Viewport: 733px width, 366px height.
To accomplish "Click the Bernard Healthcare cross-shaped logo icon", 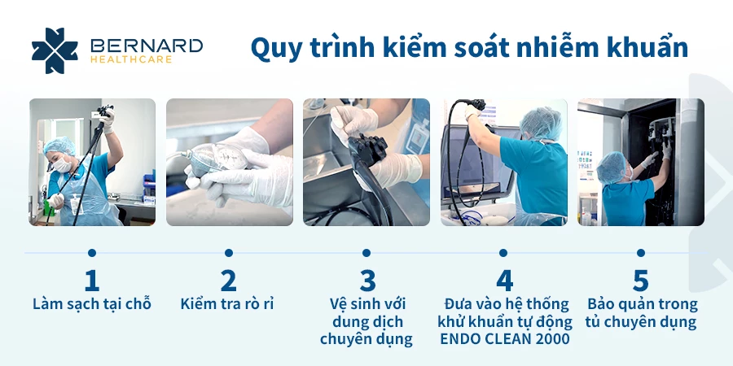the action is coord(55,50).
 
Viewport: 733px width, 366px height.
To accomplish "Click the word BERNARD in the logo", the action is coord(147,46).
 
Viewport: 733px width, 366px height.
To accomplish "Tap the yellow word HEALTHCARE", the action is coord(131,59).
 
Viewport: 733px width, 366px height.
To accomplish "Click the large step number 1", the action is coord(91,281).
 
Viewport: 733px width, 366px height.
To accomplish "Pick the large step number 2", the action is coord(228,281).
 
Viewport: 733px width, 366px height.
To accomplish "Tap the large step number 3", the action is coord(367,281).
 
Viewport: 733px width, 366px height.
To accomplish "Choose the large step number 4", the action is coord(504,281).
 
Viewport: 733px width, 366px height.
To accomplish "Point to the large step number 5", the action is coord(641,281).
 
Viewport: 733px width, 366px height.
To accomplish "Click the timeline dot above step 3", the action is coord(366,253).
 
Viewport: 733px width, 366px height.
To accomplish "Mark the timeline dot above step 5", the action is coord(640,253).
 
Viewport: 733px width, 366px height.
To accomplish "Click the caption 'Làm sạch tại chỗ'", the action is coord(92,304).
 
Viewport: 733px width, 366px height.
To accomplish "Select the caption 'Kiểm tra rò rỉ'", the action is coord(226,304).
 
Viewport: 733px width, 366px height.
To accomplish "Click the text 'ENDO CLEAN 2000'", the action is coord(505,339).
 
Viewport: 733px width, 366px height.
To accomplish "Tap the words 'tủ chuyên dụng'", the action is coord(641,322).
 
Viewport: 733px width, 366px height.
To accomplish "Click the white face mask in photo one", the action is coord(62,165).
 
